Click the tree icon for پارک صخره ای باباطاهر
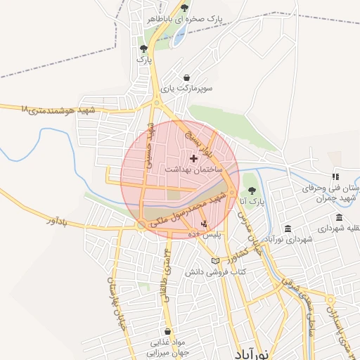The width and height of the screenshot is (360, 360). (x=184, y=8)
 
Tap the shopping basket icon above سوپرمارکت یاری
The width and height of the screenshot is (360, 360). (x=186, y=77)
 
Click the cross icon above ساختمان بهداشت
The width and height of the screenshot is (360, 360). (x=193, y=158)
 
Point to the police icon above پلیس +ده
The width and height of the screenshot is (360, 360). (x=205, y=224)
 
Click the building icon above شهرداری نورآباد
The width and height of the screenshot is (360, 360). (x=289, y=229)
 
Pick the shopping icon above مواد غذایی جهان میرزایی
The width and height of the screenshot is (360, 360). (x=167, y=331)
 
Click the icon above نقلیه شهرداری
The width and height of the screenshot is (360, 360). (x=340, y=217)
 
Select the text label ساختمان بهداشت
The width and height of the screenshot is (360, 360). (x=194, y=170)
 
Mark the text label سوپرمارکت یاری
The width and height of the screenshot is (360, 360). (x=186, y=89)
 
